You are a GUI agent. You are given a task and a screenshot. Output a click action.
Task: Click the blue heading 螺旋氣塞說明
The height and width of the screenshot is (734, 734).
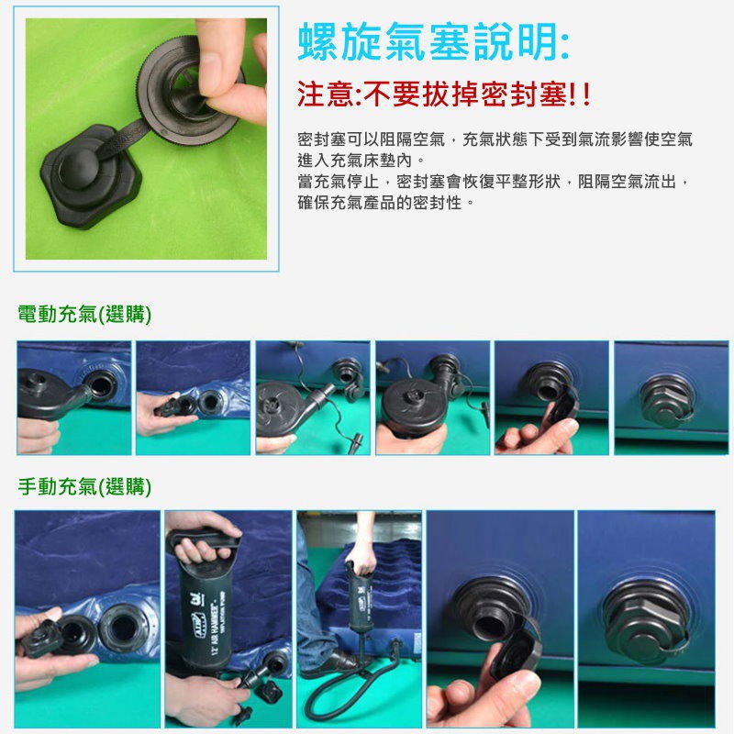pos(433,42)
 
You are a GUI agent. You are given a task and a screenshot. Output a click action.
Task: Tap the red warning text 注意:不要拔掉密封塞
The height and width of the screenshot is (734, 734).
pos(443,95)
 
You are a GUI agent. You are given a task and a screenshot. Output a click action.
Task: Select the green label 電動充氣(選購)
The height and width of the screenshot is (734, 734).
pos(84,314)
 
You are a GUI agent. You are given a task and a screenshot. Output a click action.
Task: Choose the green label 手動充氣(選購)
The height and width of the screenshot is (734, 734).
pos(84,487)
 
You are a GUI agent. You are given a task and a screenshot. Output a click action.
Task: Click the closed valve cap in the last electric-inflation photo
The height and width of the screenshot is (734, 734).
pos(663,399)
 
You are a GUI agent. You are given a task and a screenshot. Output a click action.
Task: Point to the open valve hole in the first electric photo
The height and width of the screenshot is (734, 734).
pos(101,386)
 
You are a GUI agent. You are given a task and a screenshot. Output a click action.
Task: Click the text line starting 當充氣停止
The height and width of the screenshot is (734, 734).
pos(494,181)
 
